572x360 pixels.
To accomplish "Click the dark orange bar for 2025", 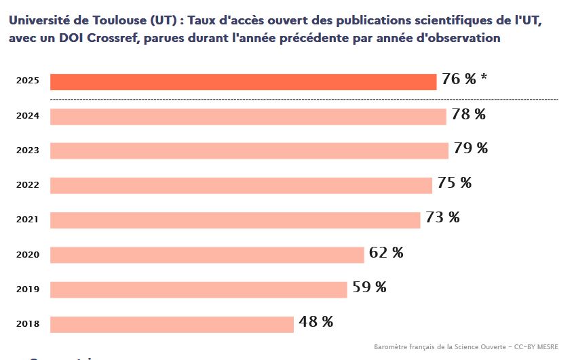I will pyautogui.click(x=244, y=81).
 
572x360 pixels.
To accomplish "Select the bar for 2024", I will pyautogui.click(x=248, y=117).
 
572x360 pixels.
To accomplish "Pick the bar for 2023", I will pyautogui.click(x=249, y=151).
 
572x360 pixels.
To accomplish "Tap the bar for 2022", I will pyautogui.click(x=241, y=185).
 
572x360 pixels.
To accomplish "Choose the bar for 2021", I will pyautogui.click(x=235, y=220).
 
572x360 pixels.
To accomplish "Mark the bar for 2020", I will pyautogui.click(x=207, y=255).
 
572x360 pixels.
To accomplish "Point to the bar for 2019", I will pyautogui.click(x=199, y=289).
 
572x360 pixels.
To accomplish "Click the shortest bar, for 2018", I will pyautogui.click(x=172, y=324).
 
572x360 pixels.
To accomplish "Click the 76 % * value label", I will pyautogui.click(x=464, y=79).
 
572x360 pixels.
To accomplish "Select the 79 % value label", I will pyautogui.click(x=470, y=148).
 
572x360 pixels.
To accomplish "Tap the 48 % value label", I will pyautogui.click(x=316, y=322).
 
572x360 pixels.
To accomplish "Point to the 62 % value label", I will pyautogui.click(x=386, y=253).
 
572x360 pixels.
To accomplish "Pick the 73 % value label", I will pyautogui.click(x=442, y=218).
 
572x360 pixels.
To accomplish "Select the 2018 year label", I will pyautogui.click(x=28, y=324).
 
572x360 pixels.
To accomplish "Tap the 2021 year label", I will pyautogui.click(x=28, y=220).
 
